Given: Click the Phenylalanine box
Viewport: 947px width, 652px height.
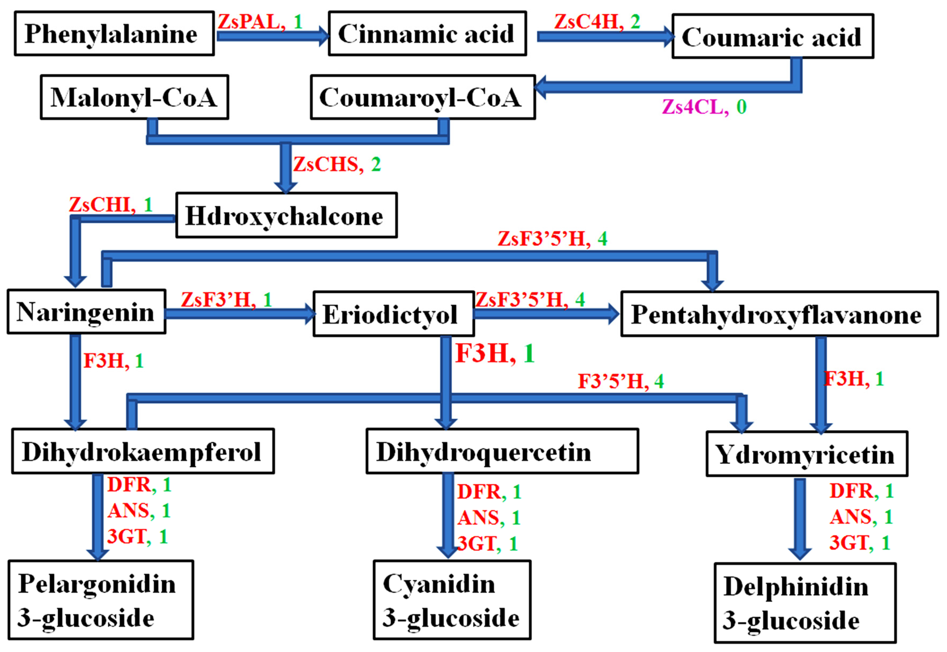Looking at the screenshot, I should tap(114, 33).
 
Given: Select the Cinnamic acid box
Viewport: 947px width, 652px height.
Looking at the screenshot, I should tap(427, 33).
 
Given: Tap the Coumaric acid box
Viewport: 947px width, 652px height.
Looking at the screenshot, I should tap(772, 36).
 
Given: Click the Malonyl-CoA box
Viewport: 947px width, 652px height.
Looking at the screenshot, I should tap(134, 97).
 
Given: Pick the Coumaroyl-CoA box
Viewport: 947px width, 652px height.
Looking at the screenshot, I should tap(423, 97).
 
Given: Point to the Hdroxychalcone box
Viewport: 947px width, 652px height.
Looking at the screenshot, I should tap(286, 215).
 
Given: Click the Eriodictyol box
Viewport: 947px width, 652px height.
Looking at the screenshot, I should tap(393, 314).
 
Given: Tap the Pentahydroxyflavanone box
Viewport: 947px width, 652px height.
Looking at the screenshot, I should tap(779, 314).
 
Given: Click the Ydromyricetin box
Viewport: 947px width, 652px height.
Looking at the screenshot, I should tap(806, 454).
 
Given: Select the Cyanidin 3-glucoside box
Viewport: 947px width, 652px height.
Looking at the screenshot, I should tap(452, 600).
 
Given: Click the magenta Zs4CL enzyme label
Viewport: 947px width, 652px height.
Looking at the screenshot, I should tap(695, 107).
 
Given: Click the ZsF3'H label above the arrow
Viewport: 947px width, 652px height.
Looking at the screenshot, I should tap(218, 300).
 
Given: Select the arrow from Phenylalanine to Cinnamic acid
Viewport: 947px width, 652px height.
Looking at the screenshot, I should tap(272, 36).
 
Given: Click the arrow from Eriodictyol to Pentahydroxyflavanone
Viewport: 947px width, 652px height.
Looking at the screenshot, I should tap(546, 314).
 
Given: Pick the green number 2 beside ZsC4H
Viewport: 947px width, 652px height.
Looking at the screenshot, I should tap(635, 21).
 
